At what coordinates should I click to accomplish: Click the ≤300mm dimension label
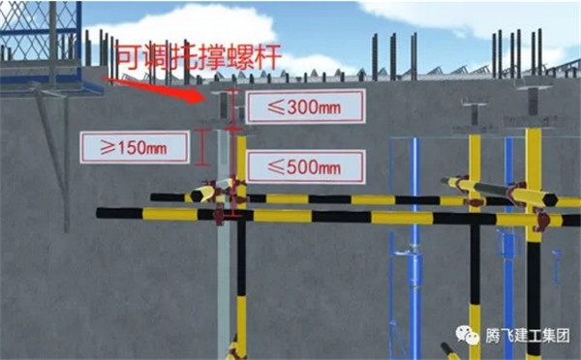click(x=306, y=106)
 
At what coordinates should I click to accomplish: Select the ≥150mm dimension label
click(x=135, y=147)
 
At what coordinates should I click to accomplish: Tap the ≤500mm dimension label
click(x=306, y=166)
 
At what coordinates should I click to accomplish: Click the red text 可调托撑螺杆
click(x=199, y=58)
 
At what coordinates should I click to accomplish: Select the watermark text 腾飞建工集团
click(x=528, y=336)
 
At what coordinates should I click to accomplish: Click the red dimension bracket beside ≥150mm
click(x=202, y=147)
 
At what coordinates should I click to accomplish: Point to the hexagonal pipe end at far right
click(x=550, y=200)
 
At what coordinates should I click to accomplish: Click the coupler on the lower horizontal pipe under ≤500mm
click(x=219, y=216)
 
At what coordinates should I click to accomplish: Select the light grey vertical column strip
click(x=224, y=245)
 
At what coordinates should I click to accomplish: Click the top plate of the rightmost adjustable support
click(x=533, y=87)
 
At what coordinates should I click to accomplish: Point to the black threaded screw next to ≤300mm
click(x=224, y=105)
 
